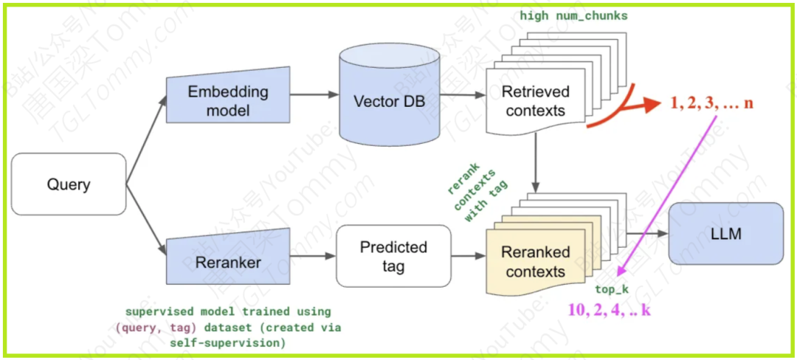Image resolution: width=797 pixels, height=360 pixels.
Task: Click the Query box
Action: point(69,184)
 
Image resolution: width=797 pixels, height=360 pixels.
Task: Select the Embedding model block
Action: point(227,101)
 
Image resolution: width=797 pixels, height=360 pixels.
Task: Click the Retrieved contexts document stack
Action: point(535,102)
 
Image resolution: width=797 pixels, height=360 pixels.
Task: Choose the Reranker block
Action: point(227,262)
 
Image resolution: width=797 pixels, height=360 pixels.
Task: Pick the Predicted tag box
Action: point(393,256)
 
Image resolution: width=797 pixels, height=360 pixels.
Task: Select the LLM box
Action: point(725,234)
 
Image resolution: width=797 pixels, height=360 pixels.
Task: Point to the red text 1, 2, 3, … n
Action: point(711,103)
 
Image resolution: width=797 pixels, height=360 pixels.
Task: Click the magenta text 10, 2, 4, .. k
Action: point(609,310)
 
